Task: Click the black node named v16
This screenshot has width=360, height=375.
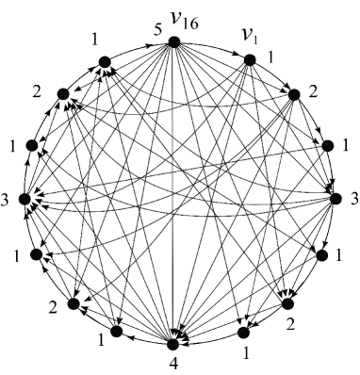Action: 173,41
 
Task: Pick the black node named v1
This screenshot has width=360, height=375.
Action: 250,59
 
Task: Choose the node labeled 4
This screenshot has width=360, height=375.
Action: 173,334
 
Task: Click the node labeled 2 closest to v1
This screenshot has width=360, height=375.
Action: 293,94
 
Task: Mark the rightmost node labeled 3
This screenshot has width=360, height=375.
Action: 334,198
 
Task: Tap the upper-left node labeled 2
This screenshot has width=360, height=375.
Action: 63,94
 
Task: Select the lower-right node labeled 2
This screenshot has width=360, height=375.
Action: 288,302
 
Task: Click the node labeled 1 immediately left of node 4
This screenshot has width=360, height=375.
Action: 117,331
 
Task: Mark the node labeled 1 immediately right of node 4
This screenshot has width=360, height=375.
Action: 243,332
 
